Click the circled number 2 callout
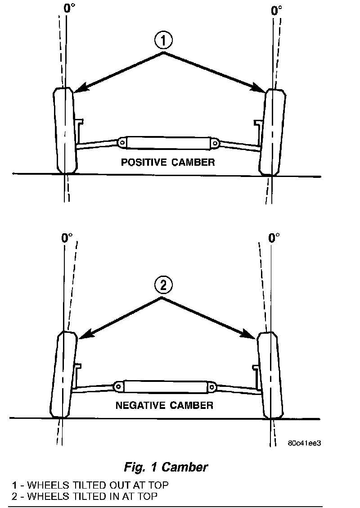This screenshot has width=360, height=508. (x=163, y=285)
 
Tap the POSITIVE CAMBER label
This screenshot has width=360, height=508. (x=168, y=163)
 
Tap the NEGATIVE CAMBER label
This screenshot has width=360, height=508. (x=164, y=405)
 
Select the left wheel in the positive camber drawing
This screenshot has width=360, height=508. (x=65, y=131)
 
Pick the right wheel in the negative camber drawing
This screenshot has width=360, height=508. (x=270, y=375)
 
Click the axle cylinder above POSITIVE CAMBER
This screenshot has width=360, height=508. (x=167, y=143)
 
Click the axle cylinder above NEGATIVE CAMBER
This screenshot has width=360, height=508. (x=165, y=386)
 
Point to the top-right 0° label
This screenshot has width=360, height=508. (x=277, y=10)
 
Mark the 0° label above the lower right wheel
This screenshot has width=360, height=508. (x=274, y=237)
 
